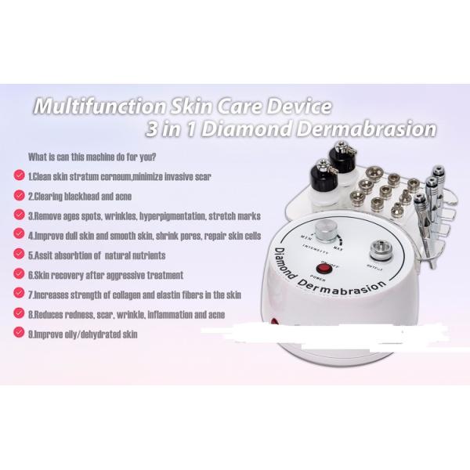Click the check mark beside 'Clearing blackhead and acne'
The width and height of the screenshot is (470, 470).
[17, 193]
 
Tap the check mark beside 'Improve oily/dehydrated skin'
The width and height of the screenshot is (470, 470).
[17, 333]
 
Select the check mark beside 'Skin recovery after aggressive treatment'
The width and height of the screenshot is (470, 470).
[17, 274]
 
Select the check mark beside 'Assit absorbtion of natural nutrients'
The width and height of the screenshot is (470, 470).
[17, 255]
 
